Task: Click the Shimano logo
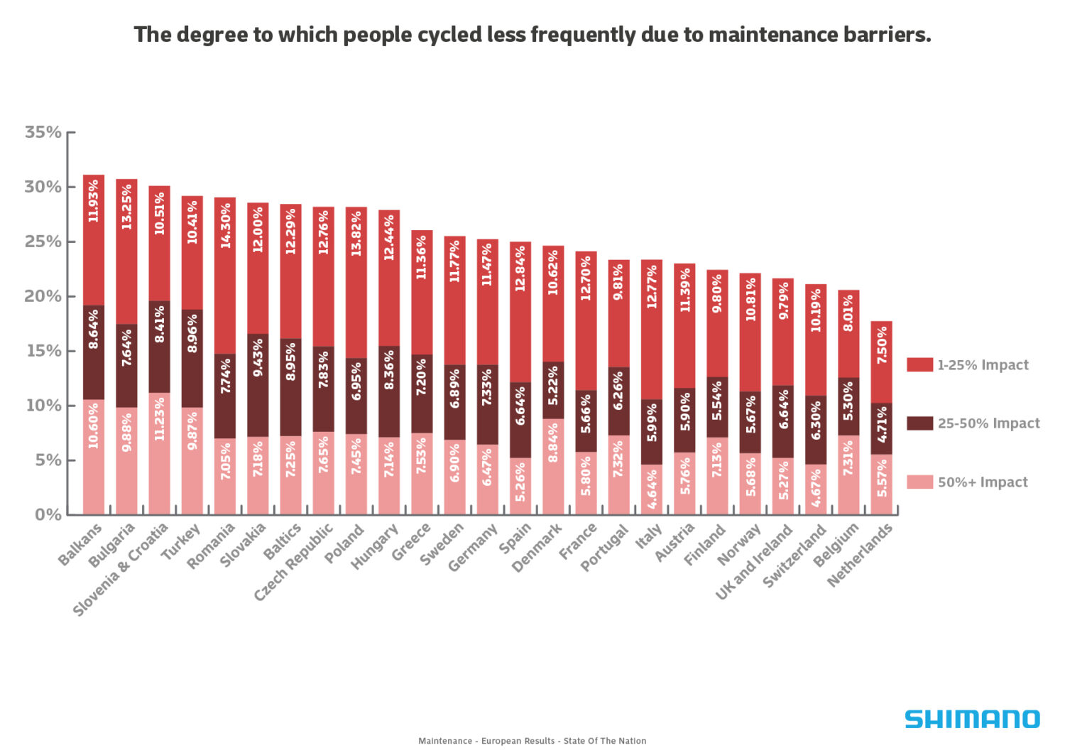tap(972, 719)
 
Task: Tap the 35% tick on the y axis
tap(43, 132)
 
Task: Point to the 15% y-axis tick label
tap(43, 351)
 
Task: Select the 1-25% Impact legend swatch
tap(919, 365)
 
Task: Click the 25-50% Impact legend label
tap(988, 423)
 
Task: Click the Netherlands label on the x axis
tap(860, 556)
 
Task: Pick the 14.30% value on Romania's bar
tap(225, 226)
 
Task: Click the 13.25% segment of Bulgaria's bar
tap(126, 207)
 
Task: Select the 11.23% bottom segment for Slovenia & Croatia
tap(159, 419)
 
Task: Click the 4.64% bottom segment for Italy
tap(652, 489)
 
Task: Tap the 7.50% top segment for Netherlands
tap(881, 345)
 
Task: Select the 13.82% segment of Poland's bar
tap(356, 234)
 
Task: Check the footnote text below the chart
tap(532, 741)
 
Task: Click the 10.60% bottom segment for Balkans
tap(94, 426)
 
